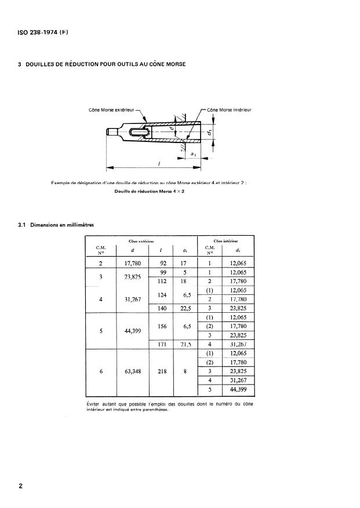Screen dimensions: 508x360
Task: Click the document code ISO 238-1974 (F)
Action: pyautogui.click(x=43, y=32)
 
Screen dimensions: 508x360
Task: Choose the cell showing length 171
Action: pyautogui.click(x=162, y=345)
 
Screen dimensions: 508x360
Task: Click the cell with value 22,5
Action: pyautogui.click(x=186, y=308)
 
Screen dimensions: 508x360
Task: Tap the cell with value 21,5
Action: pyautogui.click(x=186, y=345)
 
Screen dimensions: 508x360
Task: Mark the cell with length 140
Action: pyautogui.click(x=162, y=308)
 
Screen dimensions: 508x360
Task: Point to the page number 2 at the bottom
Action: pyautogui.click(x=21, y=487)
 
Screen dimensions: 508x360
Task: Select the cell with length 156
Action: pyautogui.click(x=162, y=327)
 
